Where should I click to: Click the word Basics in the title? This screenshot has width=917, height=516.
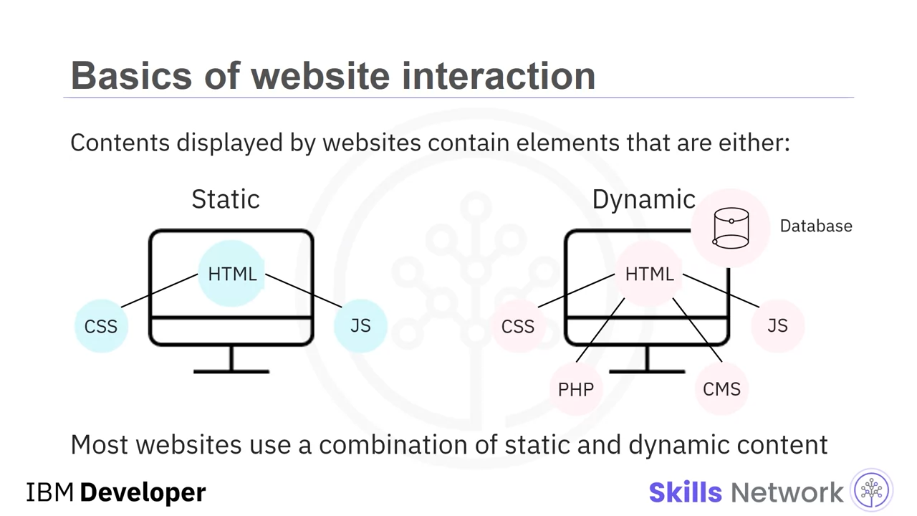pyautogui.click(x=131, y=75)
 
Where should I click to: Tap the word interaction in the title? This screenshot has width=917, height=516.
pyautogui.click(x=499, y=75)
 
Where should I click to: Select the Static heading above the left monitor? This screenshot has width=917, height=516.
pyautogui.click(x=226, y=199)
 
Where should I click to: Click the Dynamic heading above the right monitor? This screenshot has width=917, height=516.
pyautogui.click(x=644, y=199)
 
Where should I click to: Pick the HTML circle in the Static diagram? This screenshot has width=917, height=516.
pyautogui.click(x=231, y=274)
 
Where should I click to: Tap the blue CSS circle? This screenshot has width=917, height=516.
pyautogui.click(x=101, y=326)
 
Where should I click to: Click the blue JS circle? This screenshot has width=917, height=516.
pyautogui.click(x=360, y=326)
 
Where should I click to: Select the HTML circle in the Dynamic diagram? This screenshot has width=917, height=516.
pyautogui.click(x=649, y=274)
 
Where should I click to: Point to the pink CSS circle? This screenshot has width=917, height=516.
pyautogui.click(x=518, y=326)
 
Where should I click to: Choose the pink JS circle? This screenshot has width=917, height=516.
pyautogui.click(x=778, y=326)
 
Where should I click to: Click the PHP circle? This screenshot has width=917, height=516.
pyautogui.click(x=576, y=388)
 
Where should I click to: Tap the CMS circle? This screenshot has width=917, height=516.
pyautogui.click(x=721, y=388)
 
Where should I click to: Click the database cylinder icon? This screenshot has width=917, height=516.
pyautogui.click(x=731, y=228)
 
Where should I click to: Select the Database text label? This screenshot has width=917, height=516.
pyautogui.click(x=816, y=226)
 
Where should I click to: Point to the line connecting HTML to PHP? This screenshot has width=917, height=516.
pyautogui.click(x=600, y=330)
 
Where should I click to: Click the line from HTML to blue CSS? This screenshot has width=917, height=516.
pyautogui.click(x=160, y=291)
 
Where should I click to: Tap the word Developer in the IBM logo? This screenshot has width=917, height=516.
pyautogui.click(x=143, y=492)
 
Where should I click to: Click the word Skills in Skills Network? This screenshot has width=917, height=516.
pyautogui.click(x=686, y=492)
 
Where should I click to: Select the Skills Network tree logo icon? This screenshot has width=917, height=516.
pyautogui.click(x=872, y=489)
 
